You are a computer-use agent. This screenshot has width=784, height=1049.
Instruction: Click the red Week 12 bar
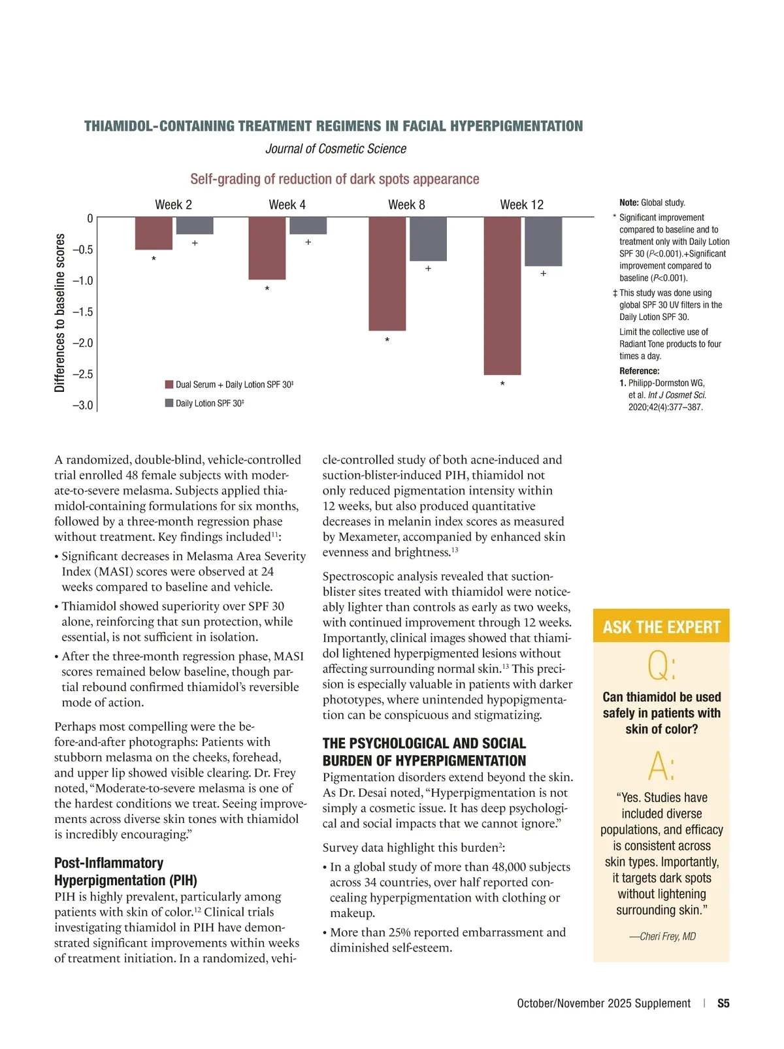click(x=502, y=296)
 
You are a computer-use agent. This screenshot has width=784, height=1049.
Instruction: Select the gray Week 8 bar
click(x=428, y=239)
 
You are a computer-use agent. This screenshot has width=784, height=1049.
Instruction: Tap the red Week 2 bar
click(x=154, y=233)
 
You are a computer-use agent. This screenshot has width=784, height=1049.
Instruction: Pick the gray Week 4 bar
click(x=308, y=226)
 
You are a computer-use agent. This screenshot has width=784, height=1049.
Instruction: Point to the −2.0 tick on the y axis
click(x=83, y=343)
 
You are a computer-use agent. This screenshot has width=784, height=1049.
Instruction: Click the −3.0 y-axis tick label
click(x=83, y=405)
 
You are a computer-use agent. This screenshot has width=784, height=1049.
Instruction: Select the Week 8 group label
click(x=406, y=205)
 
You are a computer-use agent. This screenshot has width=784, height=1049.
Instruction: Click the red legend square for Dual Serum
click(x=169, y=385)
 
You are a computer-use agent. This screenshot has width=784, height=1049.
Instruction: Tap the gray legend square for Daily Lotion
click(x=169, y=403)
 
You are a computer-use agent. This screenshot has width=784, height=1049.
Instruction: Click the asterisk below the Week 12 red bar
click(x=502, y=385)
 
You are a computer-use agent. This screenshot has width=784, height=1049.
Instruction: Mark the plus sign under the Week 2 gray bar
click(x=195, y=243)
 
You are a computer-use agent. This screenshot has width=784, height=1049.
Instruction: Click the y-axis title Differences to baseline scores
click(x=60, y=312)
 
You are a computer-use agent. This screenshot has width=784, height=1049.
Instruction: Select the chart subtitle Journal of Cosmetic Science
click(x=336, y=149)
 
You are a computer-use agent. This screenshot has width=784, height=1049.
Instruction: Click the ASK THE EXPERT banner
click(x=661, y=627)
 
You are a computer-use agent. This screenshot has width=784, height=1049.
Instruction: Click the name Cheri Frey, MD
click(x=662, y=937)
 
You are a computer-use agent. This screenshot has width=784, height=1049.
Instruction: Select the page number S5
click(x=723, y=1003)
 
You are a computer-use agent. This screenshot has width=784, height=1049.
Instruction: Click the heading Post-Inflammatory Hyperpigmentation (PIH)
click(x=125, y=871)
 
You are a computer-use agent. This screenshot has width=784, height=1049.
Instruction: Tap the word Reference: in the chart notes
click(x=639, y=371)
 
